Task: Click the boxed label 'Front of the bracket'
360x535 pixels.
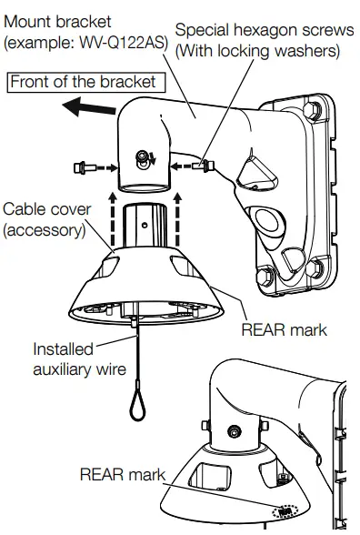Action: pos(84,81)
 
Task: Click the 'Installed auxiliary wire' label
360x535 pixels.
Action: pos(68,360)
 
